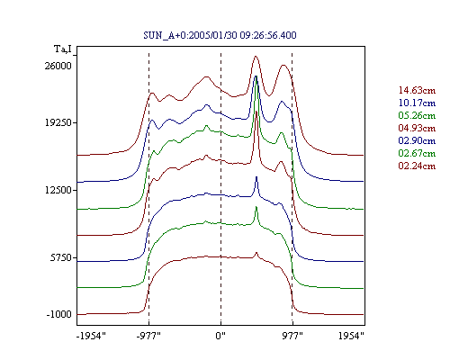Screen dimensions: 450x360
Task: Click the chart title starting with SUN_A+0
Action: point(220,35)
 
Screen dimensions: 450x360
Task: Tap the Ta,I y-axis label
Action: point(63,49)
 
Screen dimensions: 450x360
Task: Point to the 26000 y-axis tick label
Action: point(58,66)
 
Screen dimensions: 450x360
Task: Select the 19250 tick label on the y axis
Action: point(58,122)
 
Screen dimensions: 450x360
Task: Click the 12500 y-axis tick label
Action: point(58,190)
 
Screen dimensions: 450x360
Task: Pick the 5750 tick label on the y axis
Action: point(60,257)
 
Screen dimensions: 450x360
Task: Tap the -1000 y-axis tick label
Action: point(59,314)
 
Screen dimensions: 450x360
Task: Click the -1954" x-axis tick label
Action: point(91,336)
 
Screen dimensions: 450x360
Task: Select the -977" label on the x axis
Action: point(148,336)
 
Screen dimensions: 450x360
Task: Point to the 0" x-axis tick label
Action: point(220,336)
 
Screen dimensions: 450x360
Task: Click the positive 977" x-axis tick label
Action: point(292,336)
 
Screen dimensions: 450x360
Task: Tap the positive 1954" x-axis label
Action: point(351,336)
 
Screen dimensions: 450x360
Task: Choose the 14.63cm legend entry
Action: point(417,90)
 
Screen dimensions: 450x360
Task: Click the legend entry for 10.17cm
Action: point(417,103)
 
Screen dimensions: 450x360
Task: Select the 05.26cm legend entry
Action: point(417,115)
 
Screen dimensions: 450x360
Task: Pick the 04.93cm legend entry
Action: point(417,128)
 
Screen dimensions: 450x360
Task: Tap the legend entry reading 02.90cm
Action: point(417,140)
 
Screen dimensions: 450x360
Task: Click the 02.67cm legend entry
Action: point(417,153)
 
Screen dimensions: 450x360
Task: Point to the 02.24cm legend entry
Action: point(417,166)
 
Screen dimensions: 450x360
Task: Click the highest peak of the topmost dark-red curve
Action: point(256,56)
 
